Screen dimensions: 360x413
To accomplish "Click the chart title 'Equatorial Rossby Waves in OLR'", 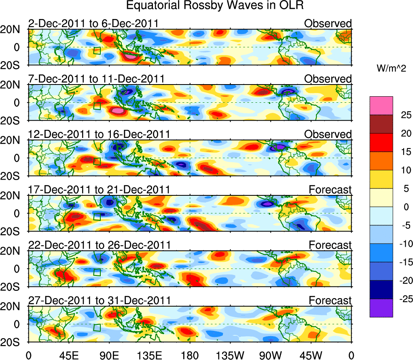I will tap(215, 6).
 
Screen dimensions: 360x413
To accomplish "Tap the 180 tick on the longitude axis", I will tap(190, 355).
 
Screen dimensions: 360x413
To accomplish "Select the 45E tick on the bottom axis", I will tap(69, 355).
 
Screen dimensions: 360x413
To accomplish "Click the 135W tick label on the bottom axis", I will tap(230, 355).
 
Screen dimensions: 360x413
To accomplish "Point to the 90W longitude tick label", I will tap(270, 355).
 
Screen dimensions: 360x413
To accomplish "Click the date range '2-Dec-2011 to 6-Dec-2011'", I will tap(93, 24).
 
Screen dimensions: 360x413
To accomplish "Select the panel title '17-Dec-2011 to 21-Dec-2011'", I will tap(99, 190).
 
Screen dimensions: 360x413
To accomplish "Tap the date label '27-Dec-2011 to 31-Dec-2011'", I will tap(99, 301).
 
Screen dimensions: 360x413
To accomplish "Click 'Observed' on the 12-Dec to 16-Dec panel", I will tap(328, 134).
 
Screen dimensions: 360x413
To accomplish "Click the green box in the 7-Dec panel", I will tap(97, 106).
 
